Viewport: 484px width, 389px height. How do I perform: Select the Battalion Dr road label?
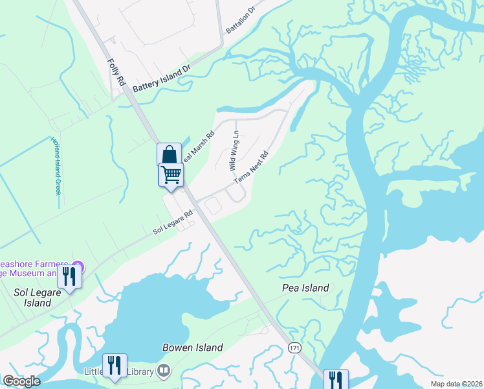(241, 25)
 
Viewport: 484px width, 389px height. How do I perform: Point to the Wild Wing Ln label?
(234, 150)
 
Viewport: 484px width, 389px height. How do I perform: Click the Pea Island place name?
(305, 288)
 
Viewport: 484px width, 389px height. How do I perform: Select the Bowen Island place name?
(192, 348)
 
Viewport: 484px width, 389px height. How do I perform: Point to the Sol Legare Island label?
(32, 298)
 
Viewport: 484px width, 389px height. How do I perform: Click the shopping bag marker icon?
(169, 155)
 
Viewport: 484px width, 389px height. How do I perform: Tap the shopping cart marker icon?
(171, 174)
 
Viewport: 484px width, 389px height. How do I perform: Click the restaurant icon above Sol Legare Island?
(69, 276)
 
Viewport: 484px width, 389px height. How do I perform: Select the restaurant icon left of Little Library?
(114, 364)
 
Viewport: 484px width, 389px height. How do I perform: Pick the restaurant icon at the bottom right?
(335, 379)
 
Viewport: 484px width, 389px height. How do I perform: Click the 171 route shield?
(295, 349)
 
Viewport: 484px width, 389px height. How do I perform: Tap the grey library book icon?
(164, 371)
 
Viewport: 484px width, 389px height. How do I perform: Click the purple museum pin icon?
(78, 266)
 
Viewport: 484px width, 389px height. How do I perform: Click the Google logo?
(21, 381)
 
